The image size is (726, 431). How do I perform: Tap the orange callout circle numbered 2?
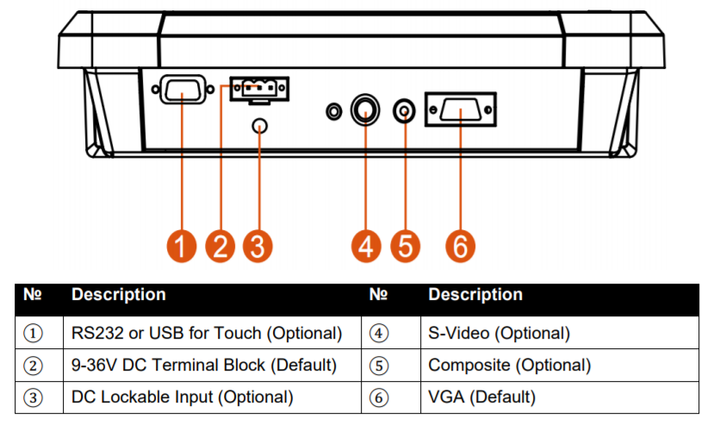(x=220, y=246)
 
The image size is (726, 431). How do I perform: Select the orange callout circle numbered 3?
(x=258, y=246)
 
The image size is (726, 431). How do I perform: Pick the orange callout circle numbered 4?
(x=367, y=246)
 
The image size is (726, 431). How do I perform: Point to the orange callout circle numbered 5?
(x=405, y=246)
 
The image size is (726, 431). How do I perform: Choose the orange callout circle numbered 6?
(x=461, y=246)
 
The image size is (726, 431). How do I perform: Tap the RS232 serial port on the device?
(x=183, y=91)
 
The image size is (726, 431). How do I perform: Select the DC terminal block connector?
(x=259, y=88)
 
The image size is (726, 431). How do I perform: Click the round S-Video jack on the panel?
(x=366, y=109)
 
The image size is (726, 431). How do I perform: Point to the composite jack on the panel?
(x=405, y=110)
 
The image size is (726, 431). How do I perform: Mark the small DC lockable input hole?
(x=259, y=127)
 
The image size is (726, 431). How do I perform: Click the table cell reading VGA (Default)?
(x=481, y=397)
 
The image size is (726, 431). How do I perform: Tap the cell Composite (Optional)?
(x=509, y=365)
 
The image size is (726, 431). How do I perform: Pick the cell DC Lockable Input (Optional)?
(x=182, y=397)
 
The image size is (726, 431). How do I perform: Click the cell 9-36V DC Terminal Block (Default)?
(x=203, y=365)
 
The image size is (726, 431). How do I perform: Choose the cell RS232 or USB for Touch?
(x=207, y=333)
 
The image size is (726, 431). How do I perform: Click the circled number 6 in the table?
(x=380, y=398)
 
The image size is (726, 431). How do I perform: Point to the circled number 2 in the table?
(x=33, y=365)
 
